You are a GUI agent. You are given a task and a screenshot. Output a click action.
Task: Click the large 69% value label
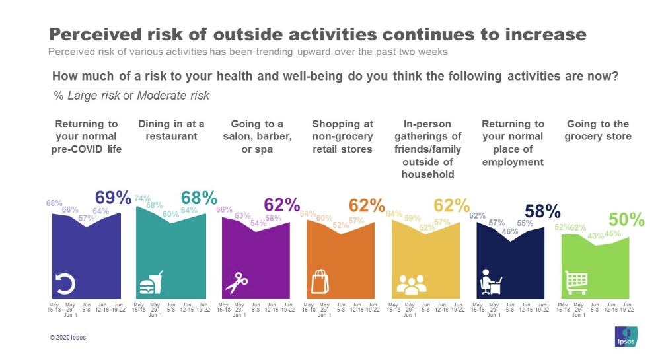(113, 198)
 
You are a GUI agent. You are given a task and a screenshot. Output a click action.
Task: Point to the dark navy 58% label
(542, 211)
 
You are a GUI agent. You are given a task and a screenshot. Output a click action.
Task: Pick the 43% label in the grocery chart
(595, 236)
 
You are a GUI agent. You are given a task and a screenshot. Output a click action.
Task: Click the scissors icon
(236, 283)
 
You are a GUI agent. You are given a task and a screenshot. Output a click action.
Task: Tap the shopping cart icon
(576, 283)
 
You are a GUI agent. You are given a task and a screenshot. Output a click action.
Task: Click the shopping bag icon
(320, 282)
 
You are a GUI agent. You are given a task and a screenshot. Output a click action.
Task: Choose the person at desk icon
(490, 283)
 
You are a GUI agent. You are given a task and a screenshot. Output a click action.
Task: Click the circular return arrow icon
(67, 283)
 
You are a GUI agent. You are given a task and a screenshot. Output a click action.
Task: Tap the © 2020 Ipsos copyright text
(68, 337)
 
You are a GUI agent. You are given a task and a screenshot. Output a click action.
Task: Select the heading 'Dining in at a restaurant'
(171, 130)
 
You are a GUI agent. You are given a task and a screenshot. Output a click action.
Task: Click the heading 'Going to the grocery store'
(597, 130)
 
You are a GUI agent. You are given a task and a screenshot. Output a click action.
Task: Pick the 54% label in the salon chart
(257, 223)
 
